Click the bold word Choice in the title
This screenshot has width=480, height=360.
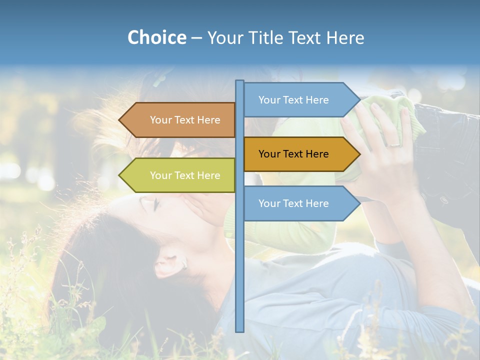click(156, 37)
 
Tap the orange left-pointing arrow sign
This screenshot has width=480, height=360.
click(180, 120)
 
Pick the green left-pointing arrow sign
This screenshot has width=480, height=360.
click(180, 175)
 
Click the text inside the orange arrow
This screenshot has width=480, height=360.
click(185, 120)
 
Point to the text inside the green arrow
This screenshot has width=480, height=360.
click(185, 175)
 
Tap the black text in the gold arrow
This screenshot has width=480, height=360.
click(293, 154)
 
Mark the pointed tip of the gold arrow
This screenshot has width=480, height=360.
click(359, 154)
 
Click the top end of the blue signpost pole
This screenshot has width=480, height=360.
click(239, 82)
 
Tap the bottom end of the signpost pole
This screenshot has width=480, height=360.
click(239, 330)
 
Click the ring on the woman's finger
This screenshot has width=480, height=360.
click(394, 144)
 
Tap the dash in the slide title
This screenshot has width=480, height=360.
click(196, 38)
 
